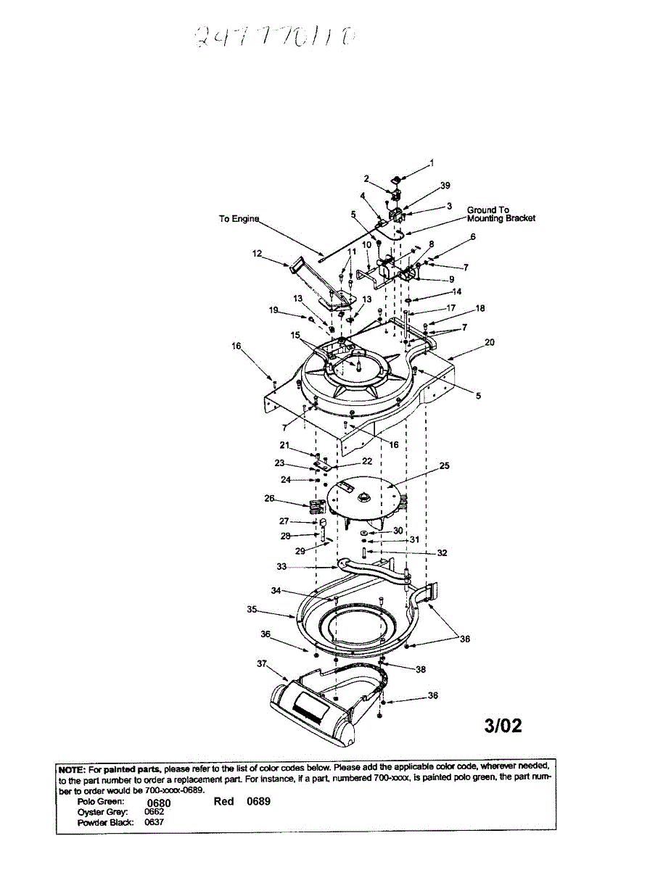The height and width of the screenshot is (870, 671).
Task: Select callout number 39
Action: [x=445, y=186]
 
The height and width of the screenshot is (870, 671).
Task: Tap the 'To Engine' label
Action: [x=239, y=219]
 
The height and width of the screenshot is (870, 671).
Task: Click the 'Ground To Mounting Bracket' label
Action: [x=501, y=215]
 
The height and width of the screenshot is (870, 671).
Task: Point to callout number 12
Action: [x=256, y=254]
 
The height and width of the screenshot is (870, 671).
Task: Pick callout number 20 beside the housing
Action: [x=490, y=342]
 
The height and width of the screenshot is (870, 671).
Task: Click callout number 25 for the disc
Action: [x=444, y=466]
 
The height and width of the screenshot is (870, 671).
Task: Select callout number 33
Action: [x=281, y=566]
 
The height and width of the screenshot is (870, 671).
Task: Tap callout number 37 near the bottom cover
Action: [x=261, y=663]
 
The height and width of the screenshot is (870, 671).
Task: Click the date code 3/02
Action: [x=503, y=726]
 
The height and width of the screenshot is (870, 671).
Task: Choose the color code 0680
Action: [x=158, y=803]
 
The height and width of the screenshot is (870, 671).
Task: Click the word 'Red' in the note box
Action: [x=223, y=802]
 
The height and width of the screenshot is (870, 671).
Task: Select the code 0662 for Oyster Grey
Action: [x=154, y=813]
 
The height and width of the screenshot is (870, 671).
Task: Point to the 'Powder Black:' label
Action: [x=104, y=823]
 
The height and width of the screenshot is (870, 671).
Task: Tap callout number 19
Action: [x=273, y=310]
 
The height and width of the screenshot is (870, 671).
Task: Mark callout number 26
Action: [x=269, y=499]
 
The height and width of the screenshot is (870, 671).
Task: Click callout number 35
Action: [x=252, y=610]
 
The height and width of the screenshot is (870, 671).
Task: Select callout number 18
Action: [x=479, y=308]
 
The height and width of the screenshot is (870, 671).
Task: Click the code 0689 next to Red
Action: [x=258, y=802]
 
